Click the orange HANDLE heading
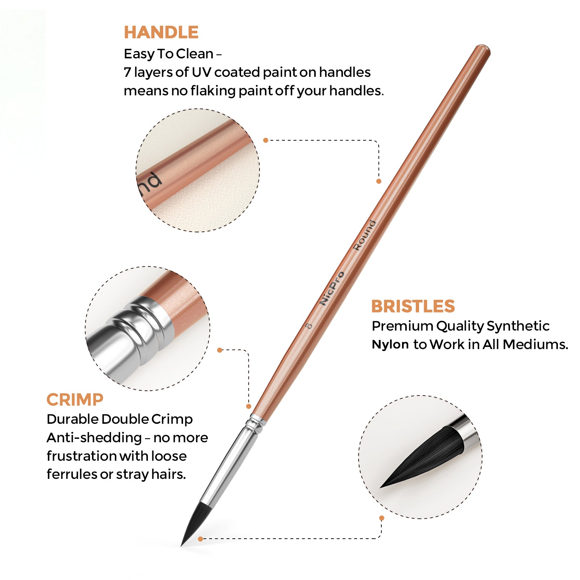pos(161,32)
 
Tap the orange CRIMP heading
pos(75,400)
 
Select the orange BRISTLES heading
pos(413,306)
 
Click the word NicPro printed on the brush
pos(332,288)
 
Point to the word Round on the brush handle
pos(365,235)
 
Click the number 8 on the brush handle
pos(309,326)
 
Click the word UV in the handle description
pos(201,72)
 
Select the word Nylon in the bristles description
pos(390,344)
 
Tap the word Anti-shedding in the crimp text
pos(94,438)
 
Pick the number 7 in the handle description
pos(127,72)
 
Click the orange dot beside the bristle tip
pos(200,539)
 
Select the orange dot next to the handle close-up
pos(266,140)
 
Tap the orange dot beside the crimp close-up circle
pos(219,350)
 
